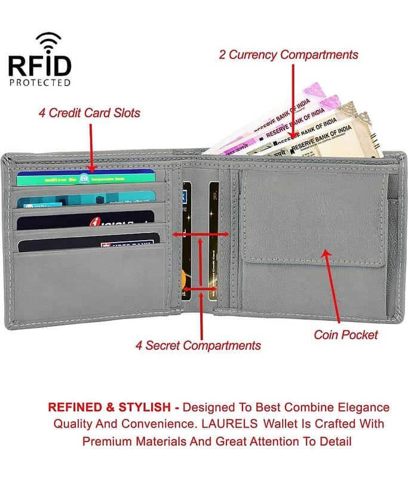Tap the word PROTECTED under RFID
(x=40, y=82)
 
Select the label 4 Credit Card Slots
(x=90, y=112)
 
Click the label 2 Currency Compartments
(x=289, y=55)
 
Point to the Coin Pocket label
(x=346, y=335)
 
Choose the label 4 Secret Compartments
(x=198, y=345)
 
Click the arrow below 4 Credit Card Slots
(x=91, y=147)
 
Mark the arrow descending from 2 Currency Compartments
(x=293, y=102)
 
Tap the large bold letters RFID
(x=40, y=65)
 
